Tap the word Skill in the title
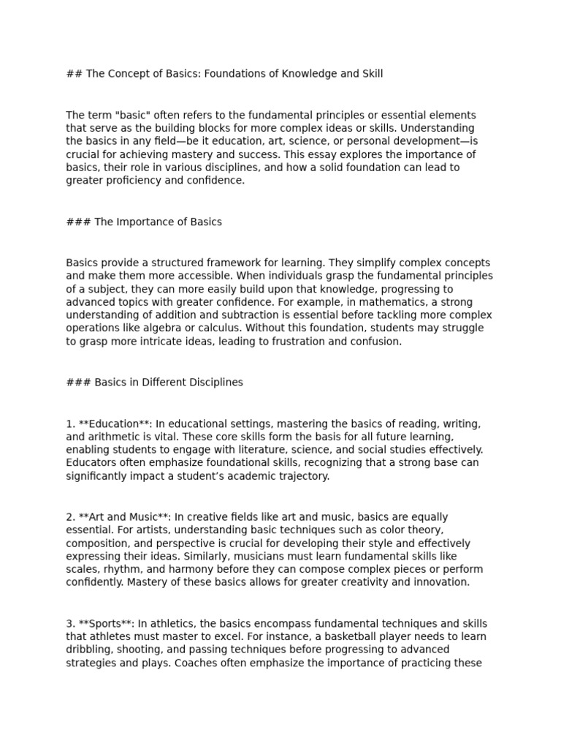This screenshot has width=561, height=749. tap(370, 74)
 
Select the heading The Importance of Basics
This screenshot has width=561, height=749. tap(158, 222)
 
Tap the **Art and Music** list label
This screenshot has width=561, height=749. tap(118, 517)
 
